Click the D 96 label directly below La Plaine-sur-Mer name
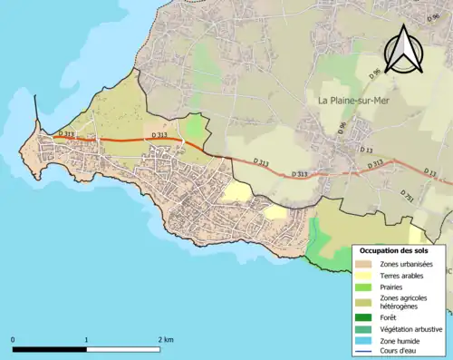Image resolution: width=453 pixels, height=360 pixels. pos(342,129)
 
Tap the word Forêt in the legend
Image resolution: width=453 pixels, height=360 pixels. pos(390,317)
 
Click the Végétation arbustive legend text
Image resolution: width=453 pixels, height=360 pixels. pos(411,328)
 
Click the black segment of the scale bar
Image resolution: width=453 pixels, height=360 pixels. pos(50,349)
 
